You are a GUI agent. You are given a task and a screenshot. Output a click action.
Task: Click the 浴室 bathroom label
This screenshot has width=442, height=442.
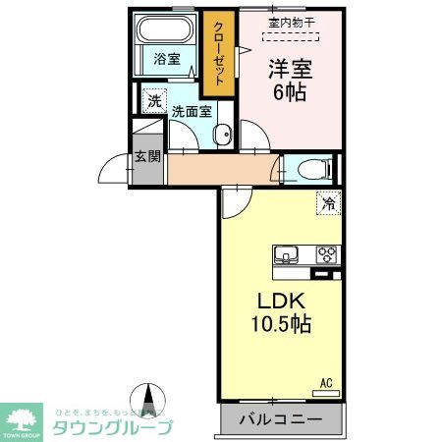coord(166,59)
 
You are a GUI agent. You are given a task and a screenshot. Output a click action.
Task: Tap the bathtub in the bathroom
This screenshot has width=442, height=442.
coord(165,28)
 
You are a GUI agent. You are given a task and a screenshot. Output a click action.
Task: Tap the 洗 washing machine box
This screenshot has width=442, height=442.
coord(154,100)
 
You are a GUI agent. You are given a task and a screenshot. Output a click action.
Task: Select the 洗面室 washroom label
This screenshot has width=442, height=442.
coord(192,111)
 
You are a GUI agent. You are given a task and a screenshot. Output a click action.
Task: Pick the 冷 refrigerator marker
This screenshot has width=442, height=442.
coord(327,204)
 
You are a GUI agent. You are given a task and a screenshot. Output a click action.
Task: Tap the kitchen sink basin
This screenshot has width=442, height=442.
coord(287,255)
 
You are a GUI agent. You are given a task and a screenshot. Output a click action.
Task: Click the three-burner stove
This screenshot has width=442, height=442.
coord(326,255)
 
